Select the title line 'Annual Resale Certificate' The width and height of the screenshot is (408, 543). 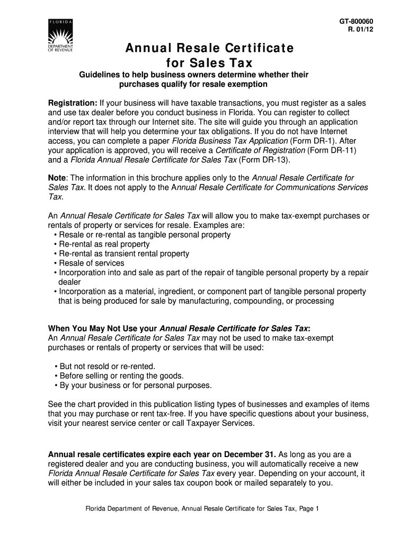pos(209,49)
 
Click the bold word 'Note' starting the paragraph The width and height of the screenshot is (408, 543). pos(57,178)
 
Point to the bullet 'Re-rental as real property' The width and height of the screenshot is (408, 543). pos(104,244)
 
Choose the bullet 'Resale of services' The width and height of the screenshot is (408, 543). pos(91,263)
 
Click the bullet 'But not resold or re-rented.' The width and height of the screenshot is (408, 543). pos(108,366)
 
